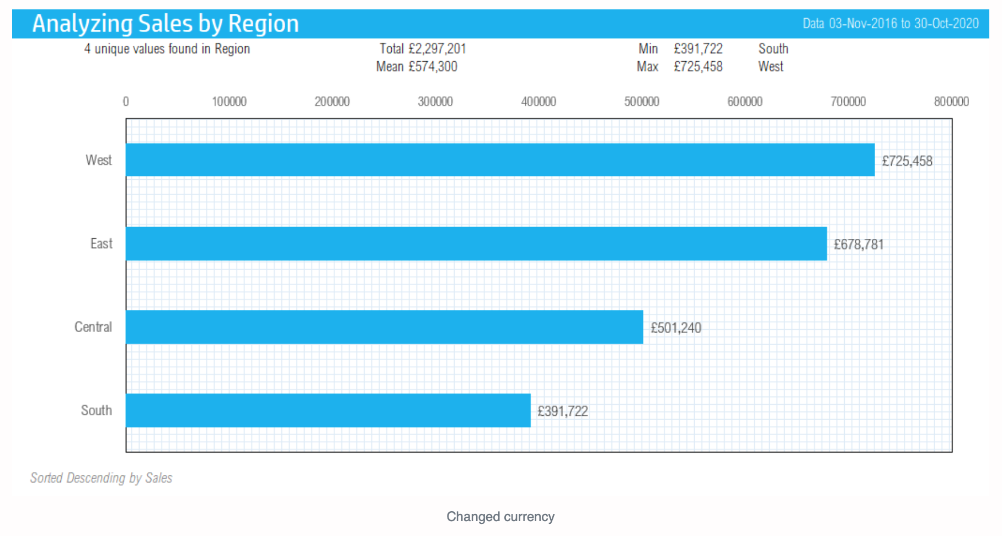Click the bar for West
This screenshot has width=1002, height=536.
(x=500, y=160)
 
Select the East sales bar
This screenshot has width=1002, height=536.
(x=477, y=244)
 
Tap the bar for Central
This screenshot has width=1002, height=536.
(x=385, y=327)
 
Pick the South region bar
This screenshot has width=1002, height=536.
(x=328, y=410)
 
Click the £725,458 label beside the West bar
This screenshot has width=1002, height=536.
(x=907, y=161)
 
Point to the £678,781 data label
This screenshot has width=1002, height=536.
(x=859, y=244)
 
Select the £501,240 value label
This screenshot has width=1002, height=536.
(x=676, y=328)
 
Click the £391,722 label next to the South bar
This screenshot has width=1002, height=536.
(x=563, y=411)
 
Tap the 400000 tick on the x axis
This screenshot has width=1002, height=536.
(x=539, y=101)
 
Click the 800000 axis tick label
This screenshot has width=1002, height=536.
(x=951, y=101)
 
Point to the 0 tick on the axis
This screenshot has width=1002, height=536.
(x=126, y=101)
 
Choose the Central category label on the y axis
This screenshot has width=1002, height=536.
(x=93, y=327)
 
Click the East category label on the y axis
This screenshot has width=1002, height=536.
(x=102, y=244)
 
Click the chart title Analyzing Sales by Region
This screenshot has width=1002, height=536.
(x=166, y=24)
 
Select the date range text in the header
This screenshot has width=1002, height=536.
(x=891, y=23)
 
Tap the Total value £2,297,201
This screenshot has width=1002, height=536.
(x=437, y=49)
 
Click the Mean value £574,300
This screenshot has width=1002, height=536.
(x=433, y=67)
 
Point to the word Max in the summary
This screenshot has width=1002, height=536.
(x=647, y=67)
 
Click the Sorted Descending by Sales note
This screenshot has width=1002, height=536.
(x=101, y=478)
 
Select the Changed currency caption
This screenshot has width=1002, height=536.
(x=500, y=517)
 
